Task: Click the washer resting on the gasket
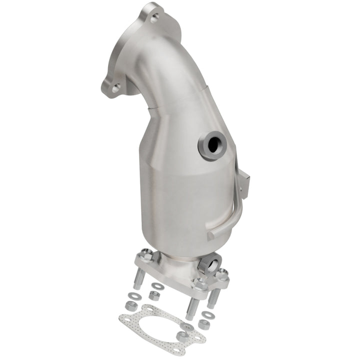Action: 187,326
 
